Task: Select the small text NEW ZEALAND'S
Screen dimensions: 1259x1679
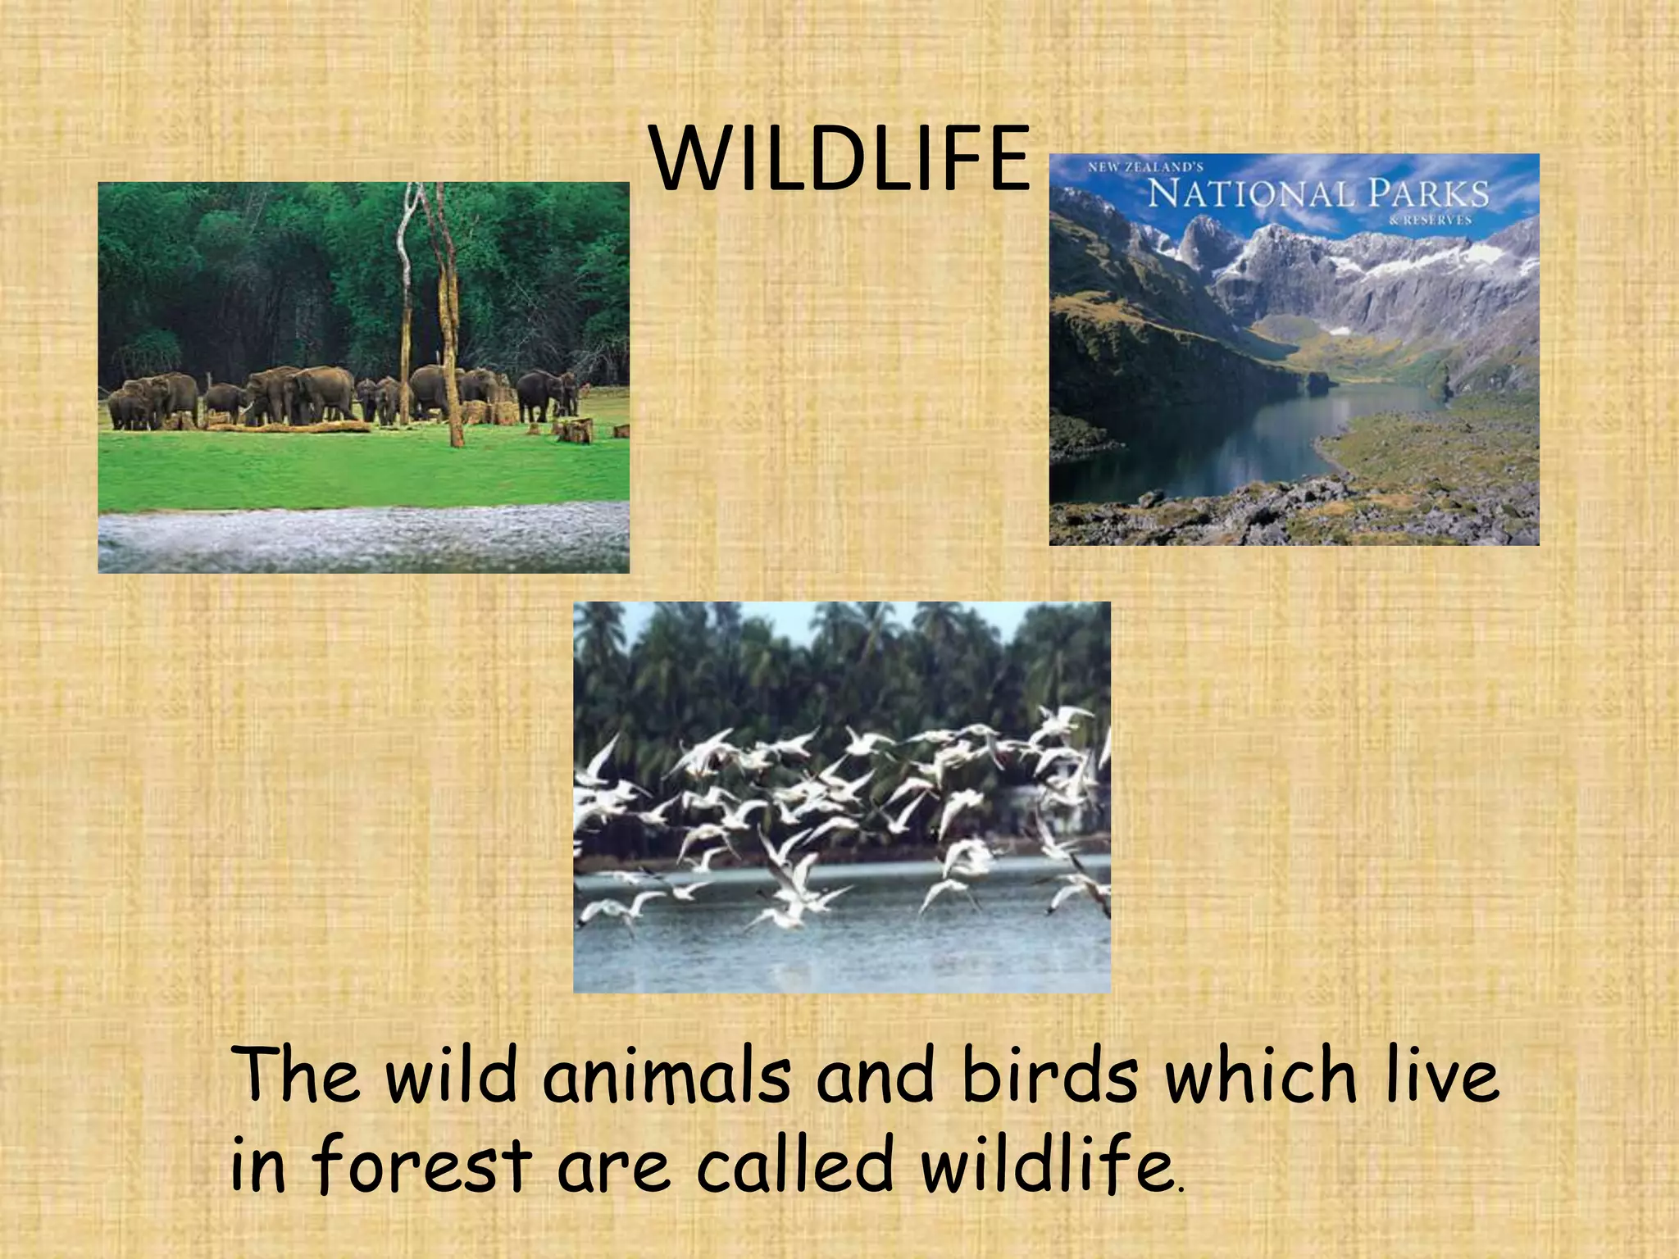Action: (1144, 167)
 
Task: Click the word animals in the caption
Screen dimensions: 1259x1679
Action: (666, 1075)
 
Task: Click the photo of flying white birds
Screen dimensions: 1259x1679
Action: (841, 797)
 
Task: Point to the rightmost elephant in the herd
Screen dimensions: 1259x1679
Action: (547, 393)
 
